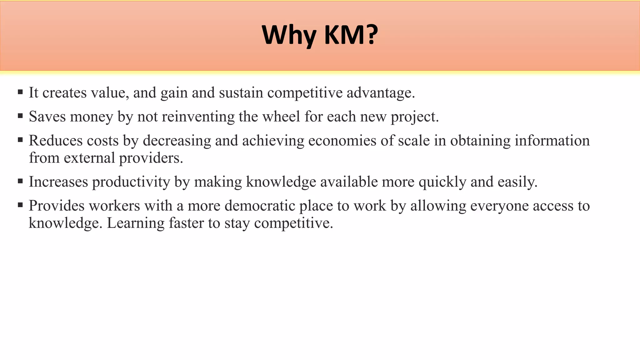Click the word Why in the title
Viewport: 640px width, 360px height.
(x=289, y=35)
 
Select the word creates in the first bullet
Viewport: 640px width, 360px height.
(x=64, y=93)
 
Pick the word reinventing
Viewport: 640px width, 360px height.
(x=198, y=117)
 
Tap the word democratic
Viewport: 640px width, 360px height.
(x=260, y=206)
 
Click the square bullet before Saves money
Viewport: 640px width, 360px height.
(x=20, y=116)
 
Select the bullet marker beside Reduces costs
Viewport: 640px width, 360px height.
(x=20, y=140)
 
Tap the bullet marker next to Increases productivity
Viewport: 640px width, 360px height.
(x=20, y=181)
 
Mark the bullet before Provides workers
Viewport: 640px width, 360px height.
(x=20, y=205)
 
